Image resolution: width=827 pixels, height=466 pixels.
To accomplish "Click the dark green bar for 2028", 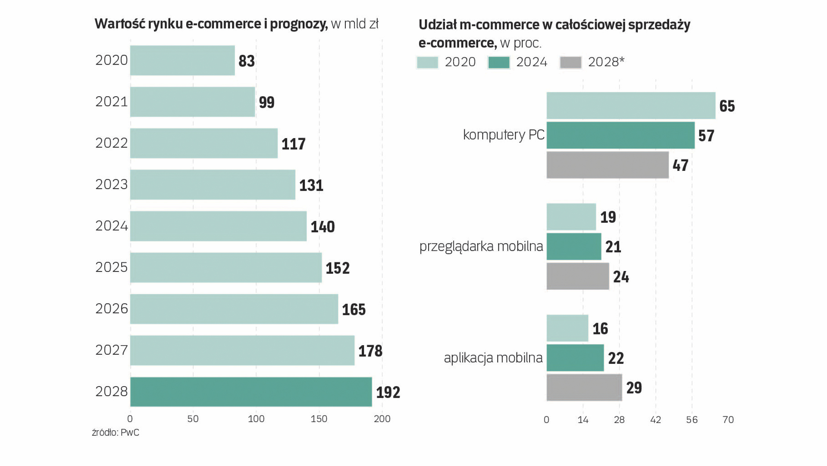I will pyautogui.click(x=251, y=392).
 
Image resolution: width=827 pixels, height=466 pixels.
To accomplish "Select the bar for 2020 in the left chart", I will pyautogui.click(x=182, y=60).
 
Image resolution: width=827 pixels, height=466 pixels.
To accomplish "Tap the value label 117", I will pyautogui.click(x=293, y=144).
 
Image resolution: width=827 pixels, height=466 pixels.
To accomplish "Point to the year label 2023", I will pyautogui.click(x=112, y=185).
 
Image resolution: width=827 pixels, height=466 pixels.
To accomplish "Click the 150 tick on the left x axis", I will pyautogui.click(x=319, y=419).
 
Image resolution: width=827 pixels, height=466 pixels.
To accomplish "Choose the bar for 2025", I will pyautogui.click(x=226, y=268).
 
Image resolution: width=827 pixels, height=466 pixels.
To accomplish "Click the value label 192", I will pyautogui.click(x=388, y=392).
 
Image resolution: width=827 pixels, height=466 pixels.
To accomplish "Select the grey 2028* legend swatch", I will pyautogui.click(x=570, y=63).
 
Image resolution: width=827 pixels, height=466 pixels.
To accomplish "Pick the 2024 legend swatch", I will pyautogui.click(x=499, y=63).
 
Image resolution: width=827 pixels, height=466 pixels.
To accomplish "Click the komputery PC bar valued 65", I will pyautogui.click(x=631, y=106).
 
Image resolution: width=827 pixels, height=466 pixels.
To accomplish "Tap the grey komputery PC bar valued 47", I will pyautogui.click(x=608, y=165).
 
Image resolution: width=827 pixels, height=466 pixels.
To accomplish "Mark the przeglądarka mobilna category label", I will pyautogui.click(x=481, y=246).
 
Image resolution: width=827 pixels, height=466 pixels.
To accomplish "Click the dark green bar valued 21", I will pyautogui.click(x=574, y=247).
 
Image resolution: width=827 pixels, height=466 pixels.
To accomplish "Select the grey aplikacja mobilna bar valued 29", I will pyautogui.click(x=584, y=387).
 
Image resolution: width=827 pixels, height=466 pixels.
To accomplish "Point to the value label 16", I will pyautogui.click(x=600, y=329).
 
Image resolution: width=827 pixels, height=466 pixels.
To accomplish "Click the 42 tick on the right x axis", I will pyautogui.click(x=655, y=420).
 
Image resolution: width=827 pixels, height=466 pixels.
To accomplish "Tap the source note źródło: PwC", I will pyautogui.click(x=116, y=433).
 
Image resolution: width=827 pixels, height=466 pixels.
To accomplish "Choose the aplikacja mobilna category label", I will pyautogui.click(x=493, y=358).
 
